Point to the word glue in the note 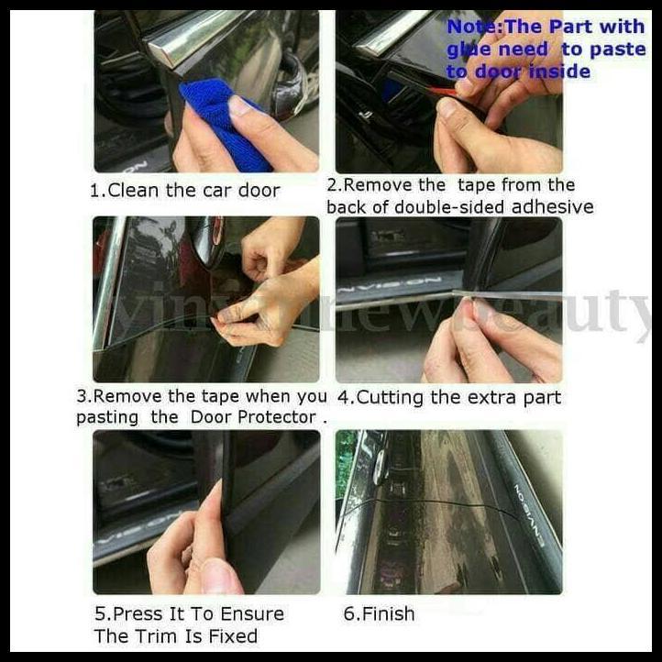tap(472, 50)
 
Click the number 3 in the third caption tap(82, 397)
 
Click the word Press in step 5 tap(137, 613)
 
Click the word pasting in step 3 tap(106, 417)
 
